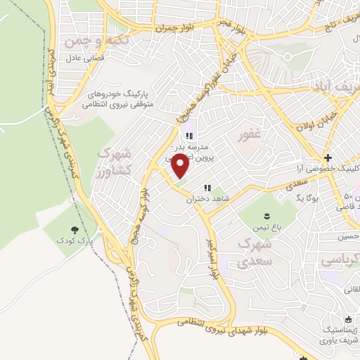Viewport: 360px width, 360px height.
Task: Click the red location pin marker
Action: click(180, 166)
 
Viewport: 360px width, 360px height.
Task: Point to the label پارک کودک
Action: click(76, 240)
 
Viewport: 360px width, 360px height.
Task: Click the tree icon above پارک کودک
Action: click(75, 229)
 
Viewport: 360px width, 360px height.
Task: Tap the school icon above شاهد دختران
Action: click(207, 188)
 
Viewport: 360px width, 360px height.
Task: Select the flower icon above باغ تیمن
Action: click(266, 215)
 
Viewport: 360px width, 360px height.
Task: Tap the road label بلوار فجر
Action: click(238, 25)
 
